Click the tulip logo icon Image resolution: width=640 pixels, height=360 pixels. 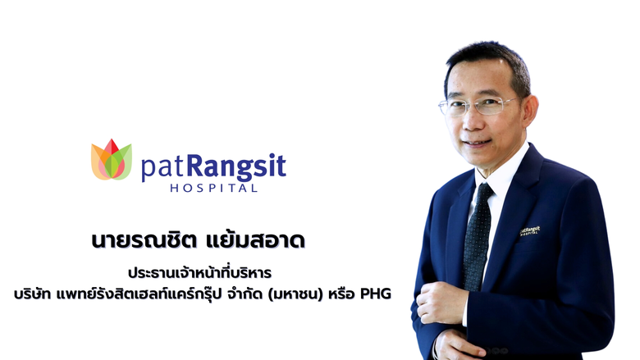click(x=111, y=160)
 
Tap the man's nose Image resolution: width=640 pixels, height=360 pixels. click(x=477, y=121)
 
